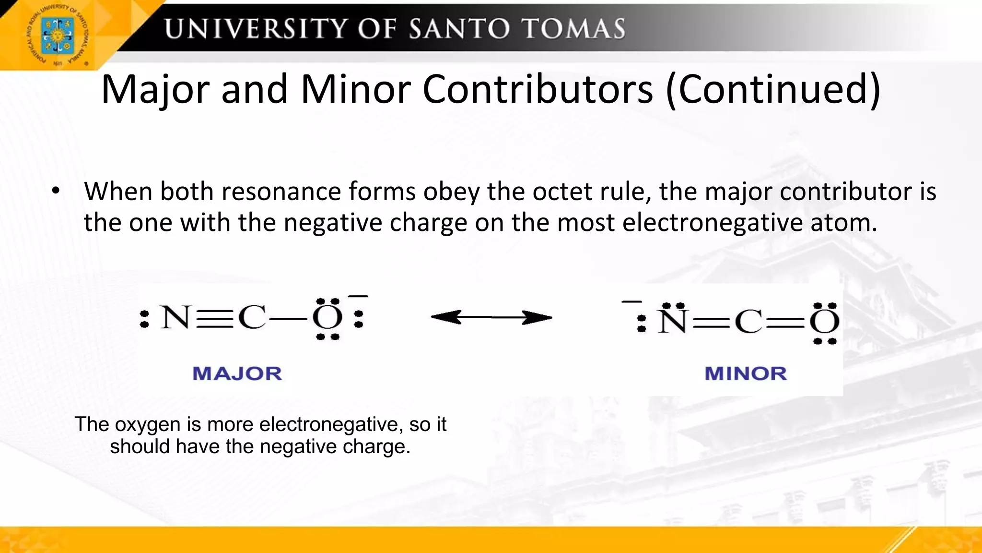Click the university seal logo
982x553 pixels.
58,36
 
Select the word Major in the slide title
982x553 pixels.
155,90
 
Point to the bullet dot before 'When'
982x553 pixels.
56,192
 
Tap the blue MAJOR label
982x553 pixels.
237,373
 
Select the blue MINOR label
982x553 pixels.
746,373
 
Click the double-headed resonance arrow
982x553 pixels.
491,317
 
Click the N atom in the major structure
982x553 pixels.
175,318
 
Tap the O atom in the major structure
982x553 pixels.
327,318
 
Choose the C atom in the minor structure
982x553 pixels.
748,322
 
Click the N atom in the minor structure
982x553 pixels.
673,322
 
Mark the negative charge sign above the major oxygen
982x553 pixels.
358,297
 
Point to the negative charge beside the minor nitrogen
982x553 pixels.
631,302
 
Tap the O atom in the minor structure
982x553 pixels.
824,322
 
